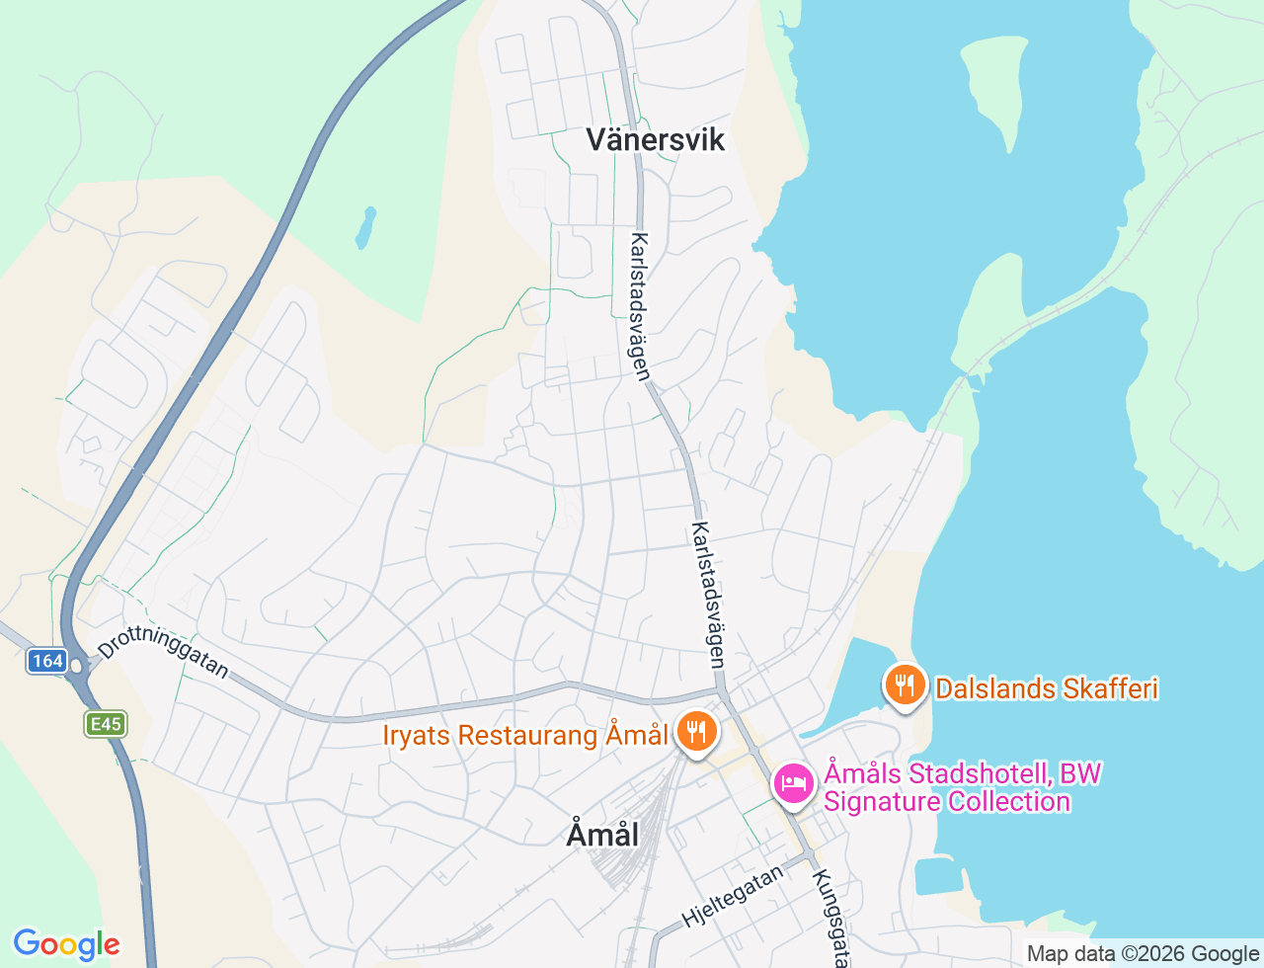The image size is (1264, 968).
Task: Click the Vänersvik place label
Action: (x=655, y=139)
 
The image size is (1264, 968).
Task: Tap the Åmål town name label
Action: (x=602, y=835)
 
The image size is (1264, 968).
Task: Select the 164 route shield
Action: (x=46, y=661)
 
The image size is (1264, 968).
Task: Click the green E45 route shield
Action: (x=105, y=724)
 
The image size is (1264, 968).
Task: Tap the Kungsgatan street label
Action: (x=829, y=917)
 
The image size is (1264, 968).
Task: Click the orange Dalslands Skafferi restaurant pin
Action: (x=904, y=685)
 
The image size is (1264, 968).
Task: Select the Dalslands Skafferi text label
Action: (x=1046, y=688)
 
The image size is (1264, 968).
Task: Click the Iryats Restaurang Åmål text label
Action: (x=525, y=736)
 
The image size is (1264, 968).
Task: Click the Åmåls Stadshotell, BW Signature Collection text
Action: (x=963, y=787)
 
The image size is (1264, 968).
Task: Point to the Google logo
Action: (x=66, y=944)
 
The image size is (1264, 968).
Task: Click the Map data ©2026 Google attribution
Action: (x=1143, y=953)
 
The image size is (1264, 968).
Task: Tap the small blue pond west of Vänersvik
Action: (x=366, y=227)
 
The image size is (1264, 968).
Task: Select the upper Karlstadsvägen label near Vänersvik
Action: (x=641, y=306)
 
